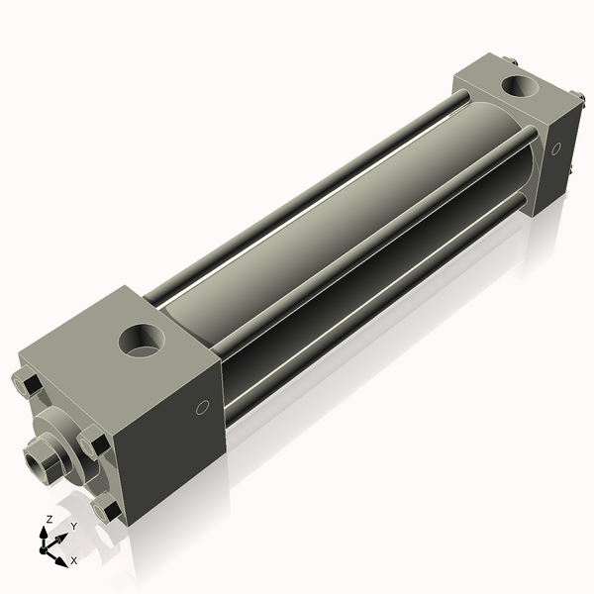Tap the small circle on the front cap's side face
pos(203,407)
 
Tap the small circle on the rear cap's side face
pos(555,148)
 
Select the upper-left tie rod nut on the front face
pos(27,383)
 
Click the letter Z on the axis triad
pos(49,518)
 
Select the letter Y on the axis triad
pos(73,526)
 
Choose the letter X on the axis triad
pos(74,560)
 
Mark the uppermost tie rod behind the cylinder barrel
pos(307,193)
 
